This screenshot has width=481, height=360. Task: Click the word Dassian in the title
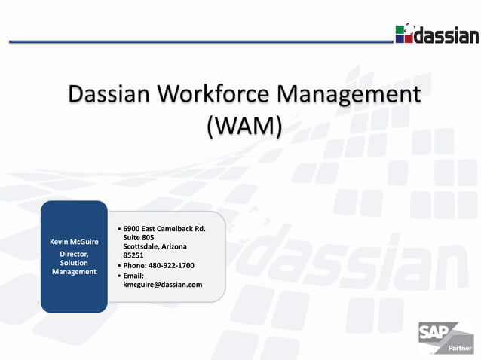(x=111, y=96)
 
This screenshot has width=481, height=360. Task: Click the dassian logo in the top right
(x=437, y=34)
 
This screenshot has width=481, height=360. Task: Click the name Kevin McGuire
(x=74, y=242)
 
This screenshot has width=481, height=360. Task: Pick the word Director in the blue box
(x=74, y=254)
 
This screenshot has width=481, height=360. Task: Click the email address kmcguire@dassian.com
(x=163, y=284)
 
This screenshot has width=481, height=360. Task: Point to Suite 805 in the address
(x=139, y=238)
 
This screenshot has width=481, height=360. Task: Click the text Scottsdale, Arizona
(x=155, y=246)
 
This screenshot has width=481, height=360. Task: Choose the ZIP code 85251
(x=133, y=255)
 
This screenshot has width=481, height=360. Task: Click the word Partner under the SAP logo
(x=460, y=349)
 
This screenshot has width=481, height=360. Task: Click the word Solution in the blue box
(x=74, y=263)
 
